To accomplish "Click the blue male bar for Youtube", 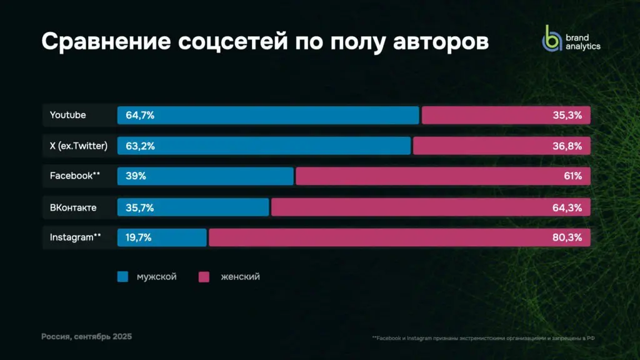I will click(x=269, y=115).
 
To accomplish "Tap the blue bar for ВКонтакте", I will click(x=194, y=207).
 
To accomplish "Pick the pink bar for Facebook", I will click(x=442, y=176).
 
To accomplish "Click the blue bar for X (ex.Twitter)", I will click(x=264, y=146).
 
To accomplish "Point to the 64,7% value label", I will click(x=140, y=115).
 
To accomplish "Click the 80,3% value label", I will click(x=567, y=237).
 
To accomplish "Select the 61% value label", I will click(x=572, y=176).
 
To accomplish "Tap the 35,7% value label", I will click(x=140, y=207).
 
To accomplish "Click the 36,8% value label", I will click(x=567, y=146).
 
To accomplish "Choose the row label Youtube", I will click(x=68, y=115).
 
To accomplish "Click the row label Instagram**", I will click(x=75, y=237).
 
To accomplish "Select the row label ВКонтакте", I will click(x=73, y=207).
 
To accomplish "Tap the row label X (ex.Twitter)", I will click(x=79, y=146).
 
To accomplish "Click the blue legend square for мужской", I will click(x=122, y=276).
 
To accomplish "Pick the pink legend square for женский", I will click(x=204, y=276).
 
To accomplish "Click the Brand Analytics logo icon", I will click(x=552, y=39).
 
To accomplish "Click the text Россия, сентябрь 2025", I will click(x=87, y=336).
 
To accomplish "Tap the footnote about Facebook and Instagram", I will click(x=482, y=338).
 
